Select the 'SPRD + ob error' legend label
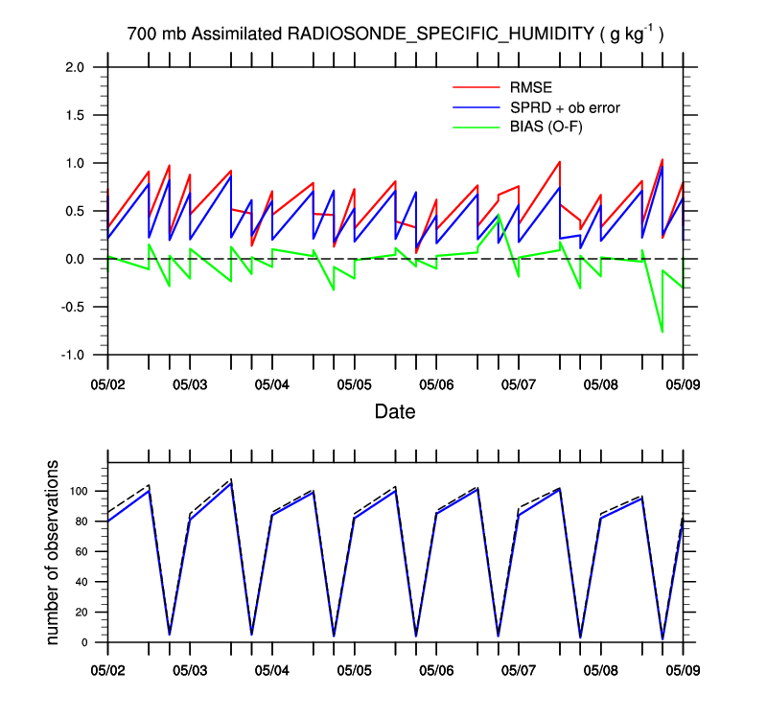pyautogui.click(x=566, y=107)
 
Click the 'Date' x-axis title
pyautogui.click(x=395, y=412)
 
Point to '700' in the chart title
pyautogui.click(x=141, y=35)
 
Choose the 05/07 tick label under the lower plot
pyautogui.click(x=519, y=663)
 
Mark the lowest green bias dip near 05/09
pyautogui.click(x=662, y=332)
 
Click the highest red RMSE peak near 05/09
pyautogui.click(x=662, y=160)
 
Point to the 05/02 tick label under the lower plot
pyautogui.click(x=107, y=663)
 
